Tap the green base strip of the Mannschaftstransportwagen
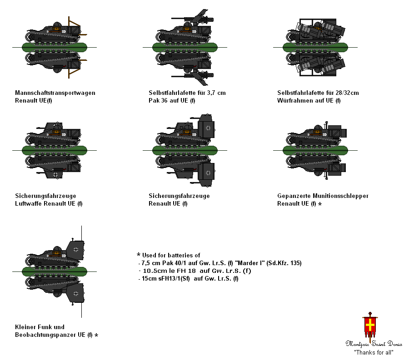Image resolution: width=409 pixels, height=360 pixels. coord(55,47)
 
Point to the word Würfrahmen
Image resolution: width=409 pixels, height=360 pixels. coord(293,101)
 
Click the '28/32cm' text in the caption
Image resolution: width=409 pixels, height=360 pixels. coord(344,93)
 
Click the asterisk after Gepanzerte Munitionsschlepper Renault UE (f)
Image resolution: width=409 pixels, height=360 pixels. coord(320,204)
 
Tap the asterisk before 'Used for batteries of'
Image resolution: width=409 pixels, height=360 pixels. coord(139,255)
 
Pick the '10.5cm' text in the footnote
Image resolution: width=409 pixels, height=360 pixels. coord(153,271)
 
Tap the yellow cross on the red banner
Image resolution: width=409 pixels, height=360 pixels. coord(370,325)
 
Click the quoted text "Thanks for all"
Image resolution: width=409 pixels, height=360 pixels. coord(373,352)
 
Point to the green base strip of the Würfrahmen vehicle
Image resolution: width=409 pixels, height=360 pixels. coord(315,47)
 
